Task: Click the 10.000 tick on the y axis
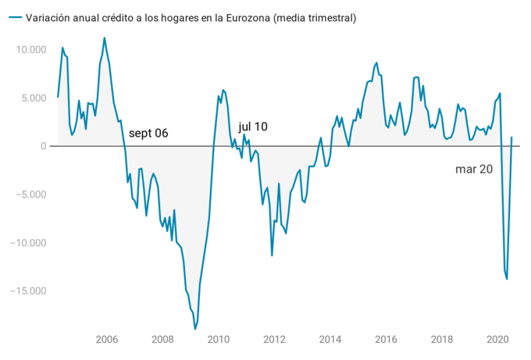[30, 50]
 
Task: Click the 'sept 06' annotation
[148, 134]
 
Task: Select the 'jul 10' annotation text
[253, 126]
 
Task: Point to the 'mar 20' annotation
[474, 169]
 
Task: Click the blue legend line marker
[13, 18]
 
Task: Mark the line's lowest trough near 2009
[194, 330]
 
